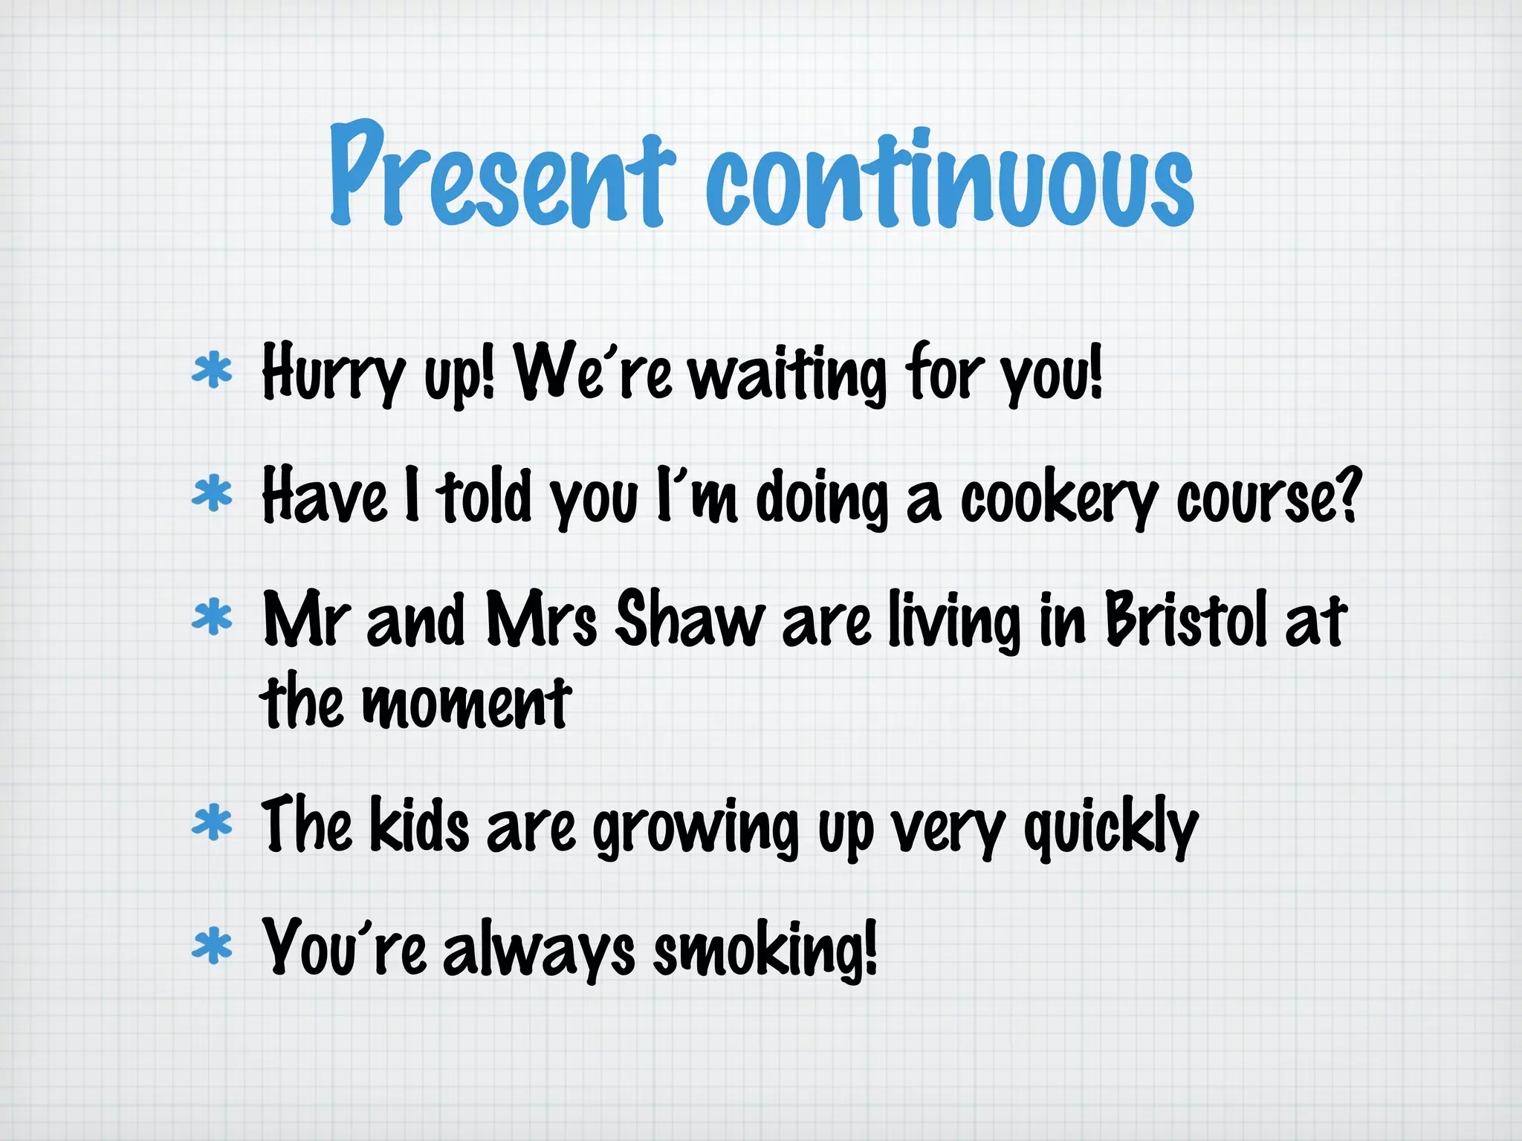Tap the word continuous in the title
949,181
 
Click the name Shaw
690,620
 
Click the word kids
419,825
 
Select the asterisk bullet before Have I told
212,494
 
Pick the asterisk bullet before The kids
212,823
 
